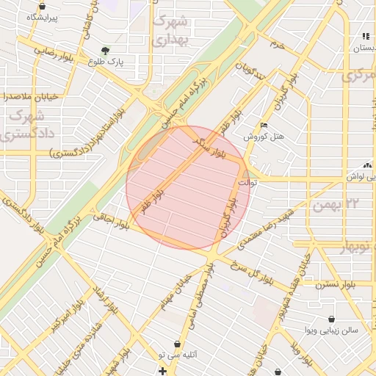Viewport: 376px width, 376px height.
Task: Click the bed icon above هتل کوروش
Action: pos(264,126)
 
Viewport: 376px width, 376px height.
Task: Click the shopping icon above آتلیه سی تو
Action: pos(177,344)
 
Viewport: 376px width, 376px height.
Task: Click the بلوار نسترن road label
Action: pos(319,284)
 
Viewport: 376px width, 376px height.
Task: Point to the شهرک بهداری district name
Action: pos(170,31)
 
